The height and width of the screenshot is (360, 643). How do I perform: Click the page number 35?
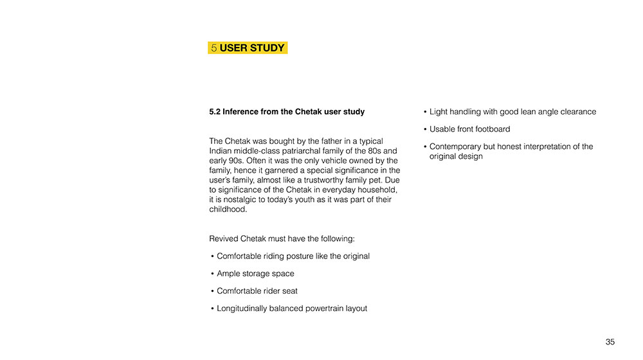tap(610, 342)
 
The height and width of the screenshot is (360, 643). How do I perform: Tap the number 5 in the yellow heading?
tap(213, 48)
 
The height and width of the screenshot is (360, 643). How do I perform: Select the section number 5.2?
tap(215, 112)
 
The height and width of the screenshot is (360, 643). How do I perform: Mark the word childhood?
tap(228, 209)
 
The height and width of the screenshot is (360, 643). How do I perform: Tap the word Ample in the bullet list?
tap(230, 274)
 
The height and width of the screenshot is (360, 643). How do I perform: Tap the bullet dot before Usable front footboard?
tap(425, 129)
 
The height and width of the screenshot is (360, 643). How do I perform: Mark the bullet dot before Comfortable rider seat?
tap(212, 291)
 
